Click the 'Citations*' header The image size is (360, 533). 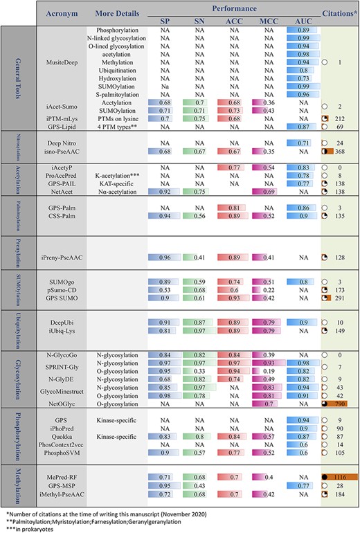(x=339, y=13)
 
